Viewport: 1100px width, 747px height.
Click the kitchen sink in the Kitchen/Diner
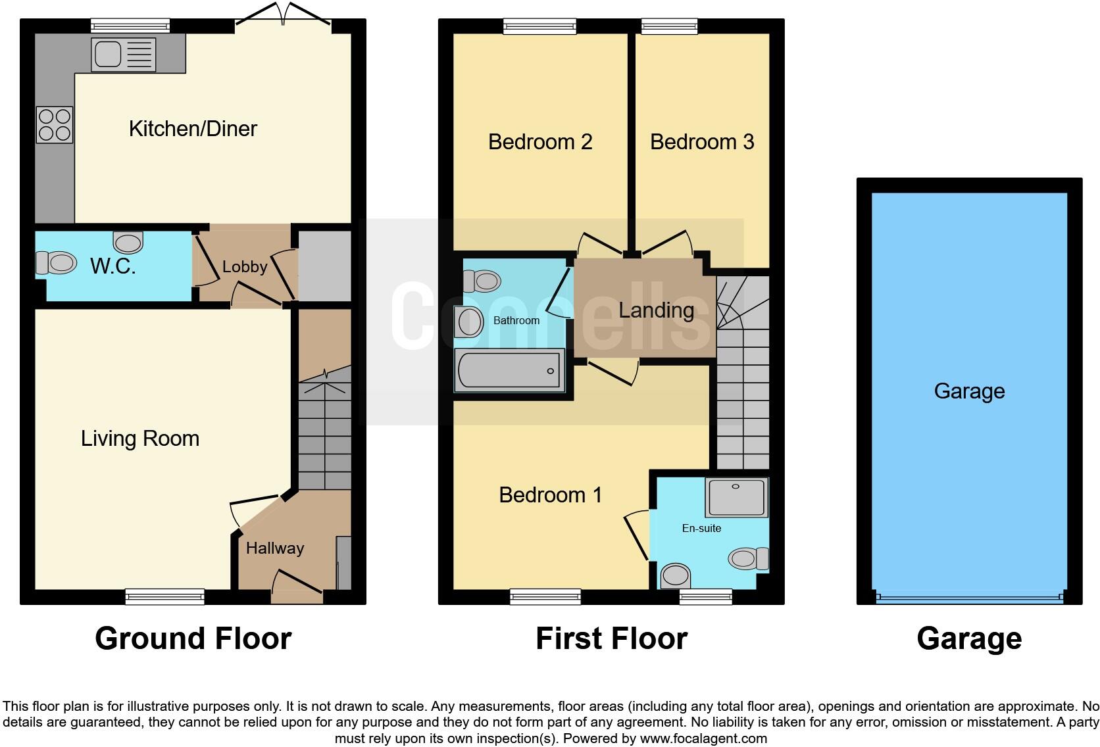(x=124, y=54)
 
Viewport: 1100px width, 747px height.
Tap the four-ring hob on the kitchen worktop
(x=55, y=125)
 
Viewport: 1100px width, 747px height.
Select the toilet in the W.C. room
(x=57, y=263)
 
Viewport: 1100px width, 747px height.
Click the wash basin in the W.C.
(x=128, y=242)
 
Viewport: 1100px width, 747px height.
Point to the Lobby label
(x=245, y=267)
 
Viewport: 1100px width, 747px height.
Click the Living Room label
(x=140, y=439)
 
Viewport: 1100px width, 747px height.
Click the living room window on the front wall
(x=165, y=596)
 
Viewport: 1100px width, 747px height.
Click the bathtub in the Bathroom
(x=510, y=370)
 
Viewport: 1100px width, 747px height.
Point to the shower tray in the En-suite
(x=736, y=497)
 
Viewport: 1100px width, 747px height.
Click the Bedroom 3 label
(x=702, y=142)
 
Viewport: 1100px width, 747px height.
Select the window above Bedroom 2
(x=540, y=26)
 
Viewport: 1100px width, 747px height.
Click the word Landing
(x=656, y=310)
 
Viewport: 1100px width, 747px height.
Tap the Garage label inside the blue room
(x=969, y=391)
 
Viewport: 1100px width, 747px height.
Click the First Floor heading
(x=611, y=639)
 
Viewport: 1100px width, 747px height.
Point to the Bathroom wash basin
(x=470, y=322)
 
